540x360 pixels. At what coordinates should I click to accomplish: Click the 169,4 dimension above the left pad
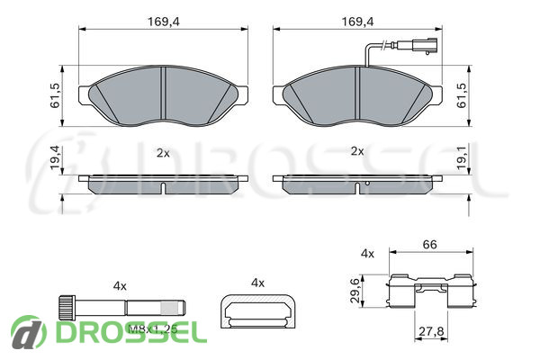164,22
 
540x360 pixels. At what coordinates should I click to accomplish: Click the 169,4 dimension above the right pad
357,22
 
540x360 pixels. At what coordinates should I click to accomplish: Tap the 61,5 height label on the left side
55,95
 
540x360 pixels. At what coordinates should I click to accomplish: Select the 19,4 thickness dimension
55,157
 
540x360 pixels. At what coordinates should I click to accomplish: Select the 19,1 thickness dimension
462,157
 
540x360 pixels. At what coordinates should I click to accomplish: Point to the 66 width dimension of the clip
429,245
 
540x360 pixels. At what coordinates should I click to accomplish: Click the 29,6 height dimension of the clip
355,290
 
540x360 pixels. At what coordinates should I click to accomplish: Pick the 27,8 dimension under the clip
431,331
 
